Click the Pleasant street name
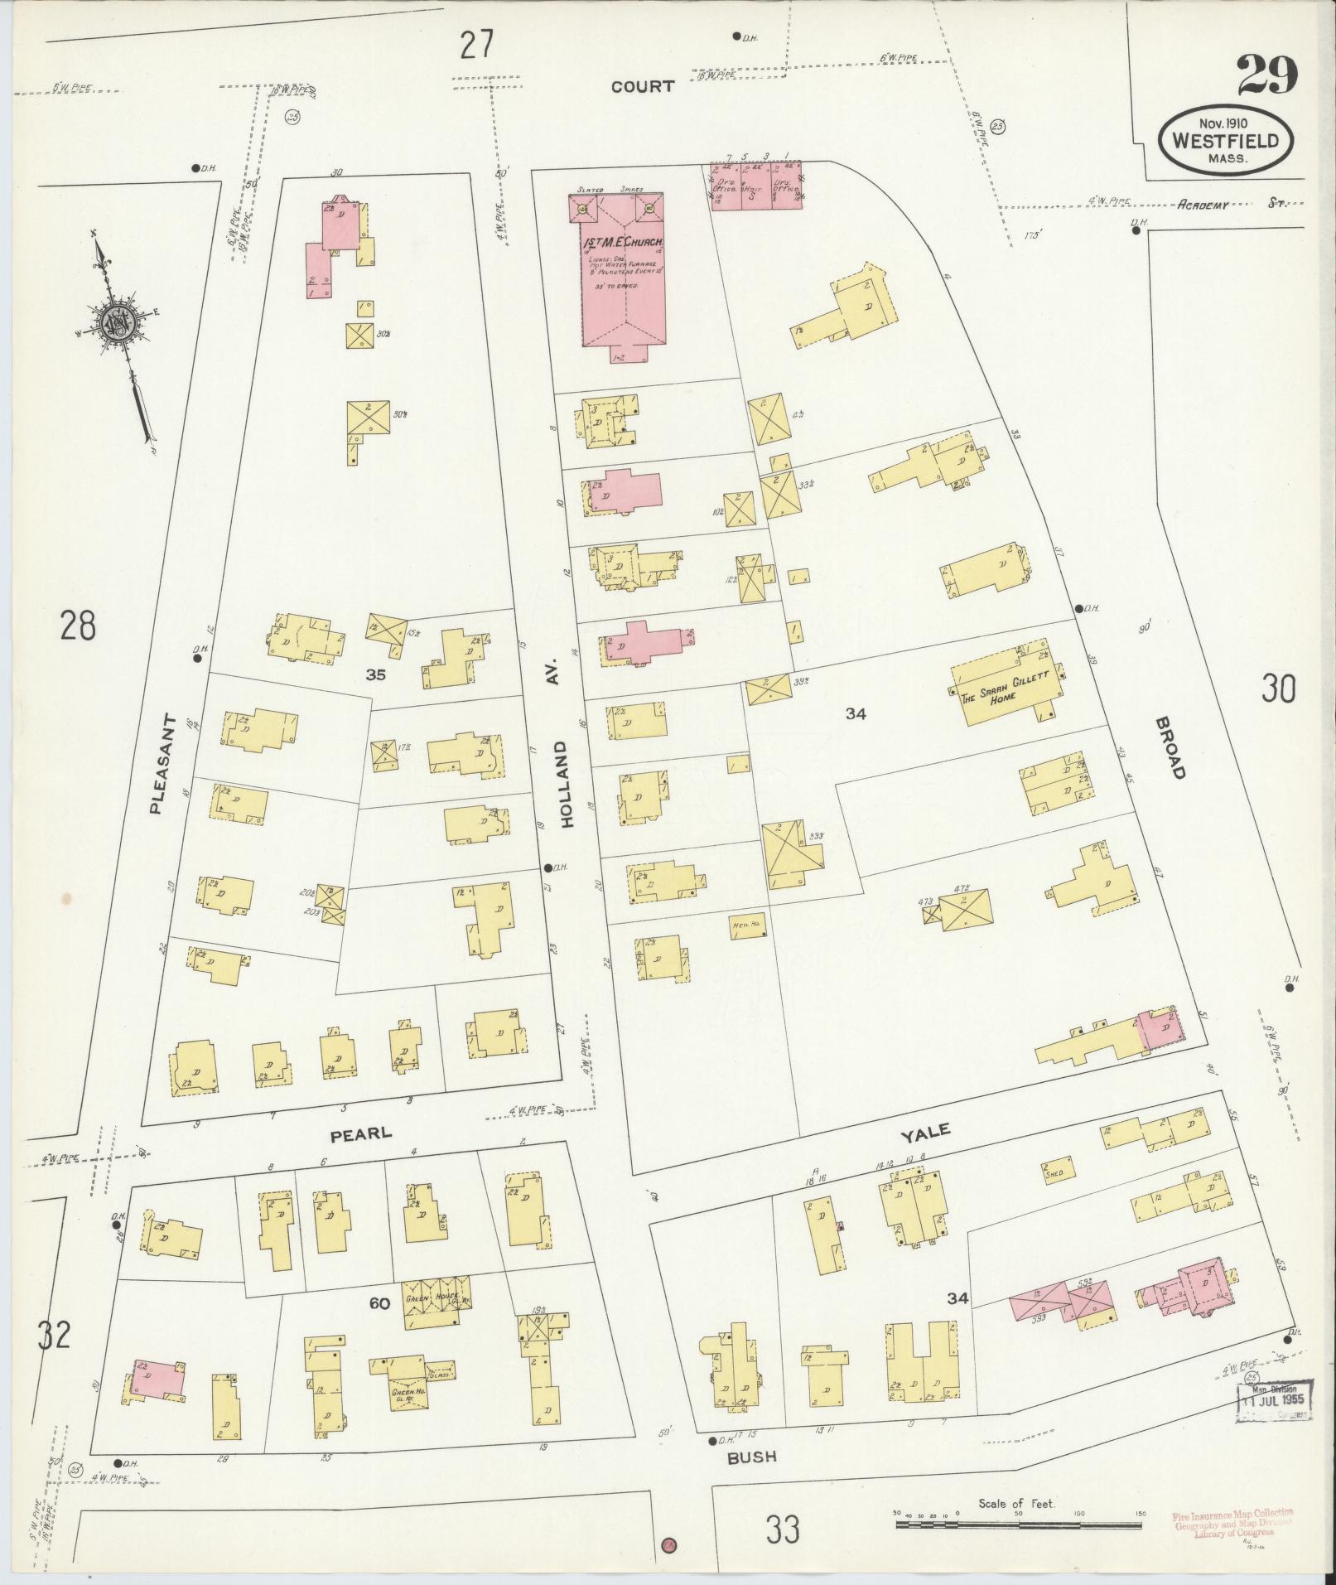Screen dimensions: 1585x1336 coord(164,763)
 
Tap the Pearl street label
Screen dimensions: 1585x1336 coord(361,1133)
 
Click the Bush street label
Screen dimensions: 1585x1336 coord(752,1455)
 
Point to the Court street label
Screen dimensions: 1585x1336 coord(643,86)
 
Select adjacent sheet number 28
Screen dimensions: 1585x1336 coord(77,625)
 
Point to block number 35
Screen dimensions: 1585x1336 coord(376,674)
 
